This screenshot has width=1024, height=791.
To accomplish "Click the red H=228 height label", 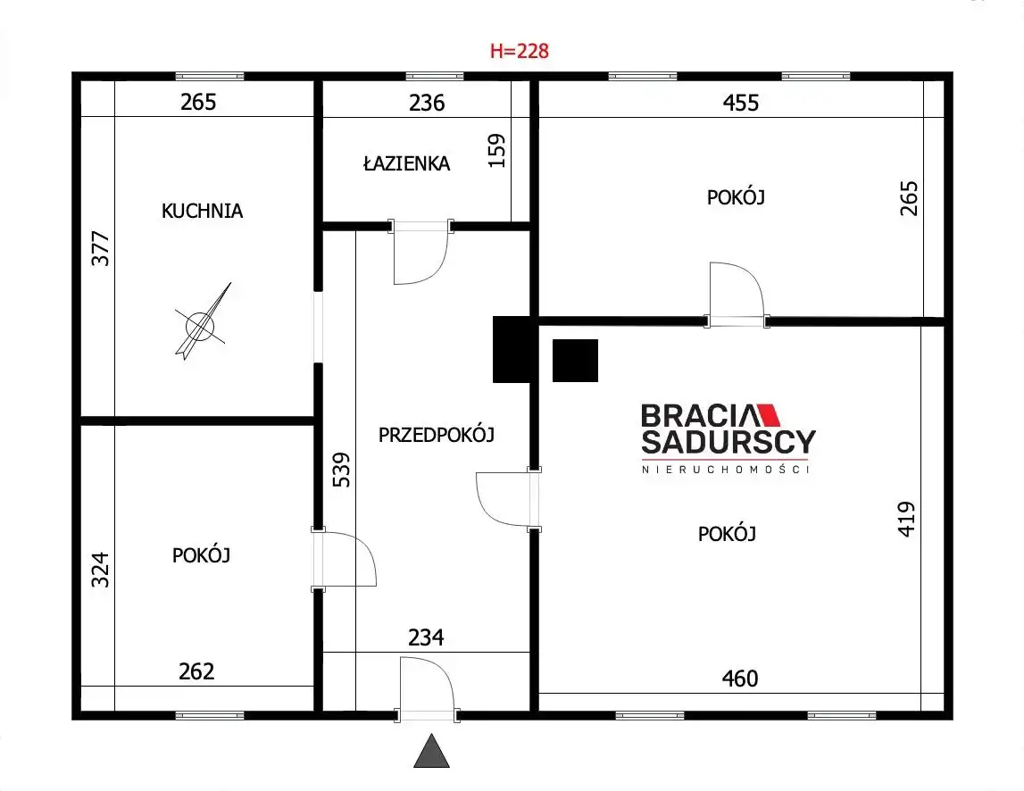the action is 520,51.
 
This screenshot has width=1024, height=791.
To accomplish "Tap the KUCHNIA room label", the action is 202,211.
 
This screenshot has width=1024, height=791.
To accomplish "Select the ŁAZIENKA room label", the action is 406,162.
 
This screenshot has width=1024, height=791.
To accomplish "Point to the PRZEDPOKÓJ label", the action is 437,435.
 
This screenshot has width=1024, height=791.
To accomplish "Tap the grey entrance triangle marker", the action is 432,751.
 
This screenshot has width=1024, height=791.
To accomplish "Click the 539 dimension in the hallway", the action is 342,470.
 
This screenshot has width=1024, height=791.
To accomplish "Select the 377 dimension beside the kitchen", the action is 101,248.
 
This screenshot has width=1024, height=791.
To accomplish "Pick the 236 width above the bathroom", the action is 427,103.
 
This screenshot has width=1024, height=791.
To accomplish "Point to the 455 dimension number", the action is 741,103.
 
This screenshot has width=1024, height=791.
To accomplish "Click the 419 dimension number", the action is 906,520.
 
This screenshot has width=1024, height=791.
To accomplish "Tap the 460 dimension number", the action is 740,679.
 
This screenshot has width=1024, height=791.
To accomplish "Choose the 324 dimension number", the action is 100,570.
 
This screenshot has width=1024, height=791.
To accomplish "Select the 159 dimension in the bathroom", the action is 497,150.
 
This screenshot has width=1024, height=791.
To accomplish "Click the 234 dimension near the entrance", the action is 426,637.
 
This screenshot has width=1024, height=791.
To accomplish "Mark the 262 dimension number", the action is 196,671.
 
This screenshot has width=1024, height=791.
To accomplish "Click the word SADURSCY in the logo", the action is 728,442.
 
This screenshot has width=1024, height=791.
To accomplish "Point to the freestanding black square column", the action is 575,361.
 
